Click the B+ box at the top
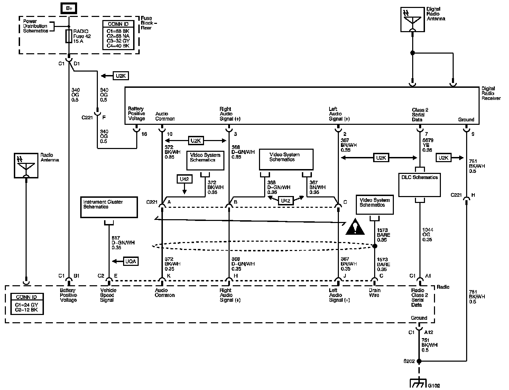click(x=68, y=8)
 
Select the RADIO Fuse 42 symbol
click(x=68, y=36)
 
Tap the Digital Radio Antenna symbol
click(x=413, y=19)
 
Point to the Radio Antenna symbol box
click(x=26, y=166)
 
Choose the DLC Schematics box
click(x=419, y=185)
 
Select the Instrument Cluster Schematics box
click(x=109, y=207)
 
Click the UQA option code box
click(x=131, y=261)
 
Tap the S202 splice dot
click(x=419, y=361)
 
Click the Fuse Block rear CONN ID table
click(x=118, y=35)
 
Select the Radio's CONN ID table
click(x=27, y=304)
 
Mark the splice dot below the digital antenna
click(x=413, y=53)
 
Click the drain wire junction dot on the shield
click(x=375, y=246)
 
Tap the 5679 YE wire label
click(x=428, y=145)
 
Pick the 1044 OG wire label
click(x=427, y=234)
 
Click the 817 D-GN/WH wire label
click(x=123, y=243)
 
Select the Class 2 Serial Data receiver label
click(x=420, y=115)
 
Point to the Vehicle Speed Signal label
click(x=108, y=295)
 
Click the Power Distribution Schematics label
click(x=35, y=26)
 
